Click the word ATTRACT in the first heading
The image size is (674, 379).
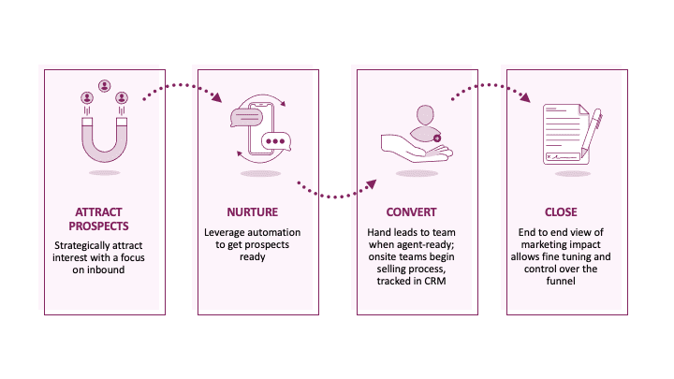point(99,211)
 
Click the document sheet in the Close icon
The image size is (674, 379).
point(567,136)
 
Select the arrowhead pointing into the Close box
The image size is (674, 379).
point(531,97)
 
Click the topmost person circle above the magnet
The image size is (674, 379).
point(104,80)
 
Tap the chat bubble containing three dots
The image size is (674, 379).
point(277,142)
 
